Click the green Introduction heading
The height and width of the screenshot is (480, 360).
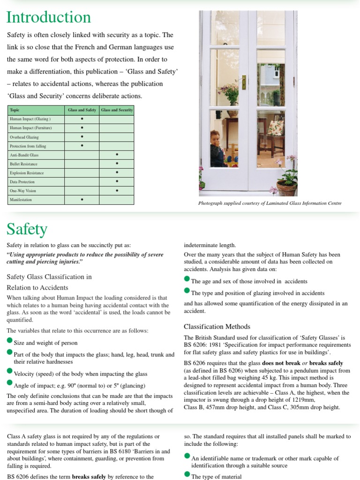(49, 17)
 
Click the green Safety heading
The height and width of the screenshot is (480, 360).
(27, 229)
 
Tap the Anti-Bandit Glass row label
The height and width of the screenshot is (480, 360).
(24, 155)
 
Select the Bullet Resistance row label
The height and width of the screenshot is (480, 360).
(24, 164)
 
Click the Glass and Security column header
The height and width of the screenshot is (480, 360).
(117, 110)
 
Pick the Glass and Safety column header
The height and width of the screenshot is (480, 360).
(82, 110)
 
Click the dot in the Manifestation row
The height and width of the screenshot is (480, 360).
(82, 200)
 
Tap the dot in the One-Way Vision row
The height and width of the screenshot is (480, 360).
(117, 191)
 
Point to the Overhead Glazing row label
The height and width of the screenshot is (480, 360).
(24, 137)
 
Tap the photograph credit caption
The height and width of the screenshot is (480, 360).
(270, 203)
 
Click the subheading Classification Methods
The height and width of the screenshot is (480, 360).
(217, 327)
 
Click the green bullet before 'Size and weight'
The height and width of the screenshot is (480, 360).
(10, 341)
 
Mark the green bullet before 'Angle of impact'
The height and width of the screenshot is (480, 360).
(10, 383)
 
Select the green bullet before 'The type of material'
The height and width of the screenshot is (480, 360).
(187, 475)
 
